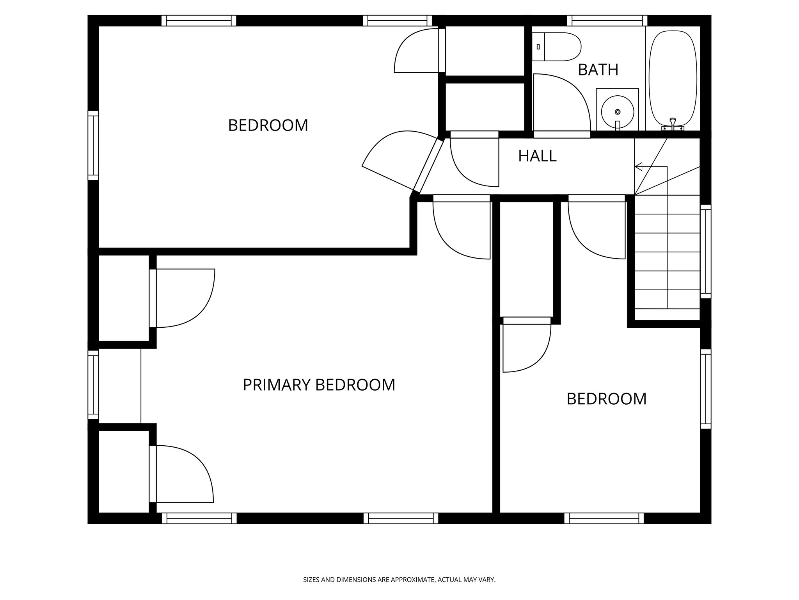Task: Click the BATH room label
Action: (598, 70)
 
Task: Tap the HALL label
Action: (537, 156)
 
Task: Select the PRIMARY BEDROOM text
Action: (319, 385)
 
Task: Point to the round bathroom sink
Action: (617, 112)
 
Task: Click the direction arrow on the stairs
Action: (639, 167)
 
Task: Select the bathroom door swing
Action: (562, 102)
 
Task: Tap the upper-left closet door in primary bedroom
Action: (183, 298)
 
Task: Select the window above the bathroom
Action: (607, 20)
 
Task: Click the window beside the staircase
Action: (705, 251)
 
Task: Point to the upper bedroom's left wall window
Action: (93, 145)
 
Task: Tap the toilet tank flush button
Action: (538, 47)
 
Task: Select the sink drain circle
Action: (618, 112)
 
